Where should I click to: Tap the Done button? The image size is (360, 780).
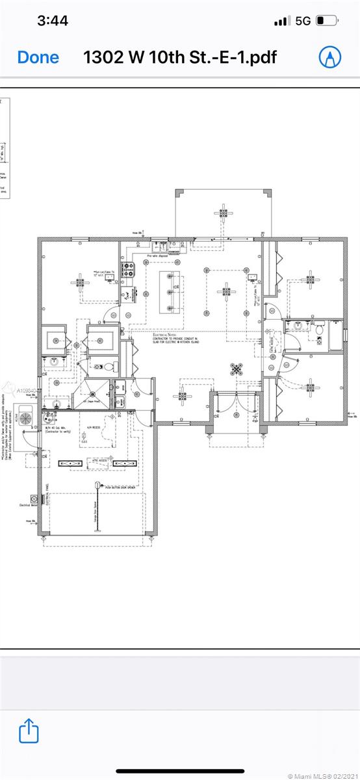tap(38, 57)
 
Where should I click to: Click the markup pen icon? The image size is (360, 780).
tap(330, 57)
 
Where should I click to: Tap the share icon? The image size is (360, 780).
tap(29, 731)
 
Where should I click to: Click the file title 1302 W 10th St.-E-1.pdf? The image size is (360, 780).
tap(180, 57)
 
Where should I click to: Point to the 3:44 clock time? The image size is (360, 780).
tap(53, 21)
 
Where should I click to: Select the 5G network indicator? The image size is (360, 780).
tap(303, 21)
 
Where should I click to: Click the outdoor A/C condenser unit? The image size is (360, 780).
tap(27, 416)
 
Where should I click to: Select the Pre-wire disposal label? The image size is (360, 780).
tap(158, 256)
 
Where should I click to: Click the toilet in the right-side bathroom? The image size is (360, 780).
tap(319, 330)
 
